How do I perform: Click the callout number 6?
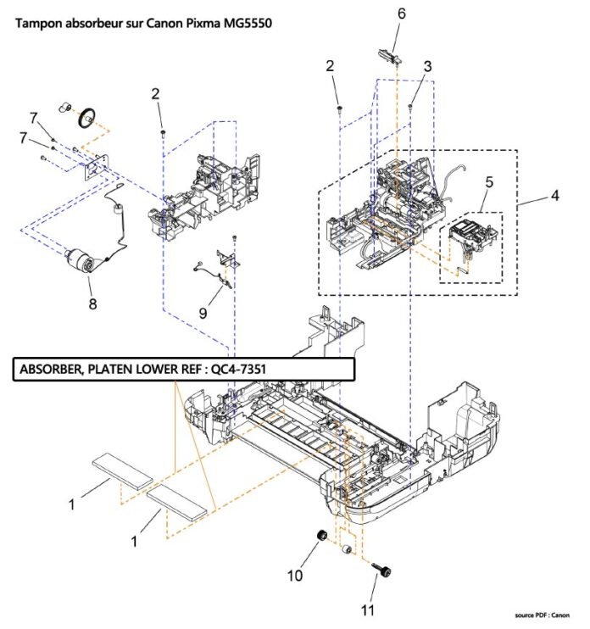point(401,14)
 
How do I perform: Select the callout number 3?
point(428,66)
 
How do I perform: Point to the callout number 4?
point(554,196)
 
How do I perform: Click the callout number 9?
point(203,313)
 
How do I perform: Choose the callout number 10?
point(294,576)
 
